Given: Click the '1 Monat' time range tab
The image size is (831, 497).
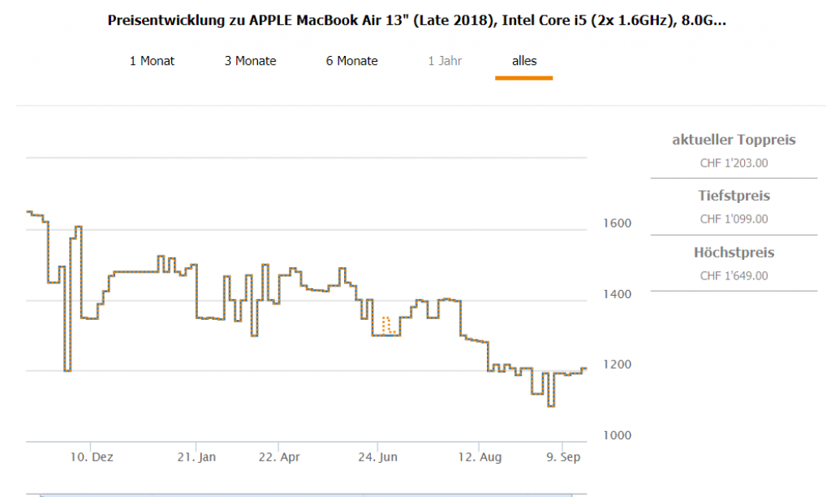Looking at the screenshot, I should coord(152,61).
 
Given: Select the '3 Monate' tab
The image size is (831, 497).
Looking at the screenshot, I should coord(251,61).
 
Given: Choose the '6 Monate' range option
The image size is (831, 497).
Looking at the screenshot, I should coord(352,61).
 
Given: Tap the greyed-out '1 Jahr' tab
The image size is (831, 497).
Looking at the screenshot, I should coord(446,61).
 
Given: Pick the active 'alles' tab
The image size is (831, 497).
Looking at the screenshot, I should coord(524,61).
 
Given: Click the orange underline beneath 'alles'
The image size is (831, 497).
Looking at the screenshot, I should coord(524,78).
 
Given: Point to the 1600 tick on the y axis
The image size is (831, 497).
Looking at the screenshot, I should coord(615,223).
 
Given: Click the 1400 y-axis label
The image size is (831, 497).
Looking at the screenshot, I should coord(615,293).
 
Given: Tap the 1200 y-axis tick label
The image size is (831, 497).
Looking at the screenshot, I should coord(615,365).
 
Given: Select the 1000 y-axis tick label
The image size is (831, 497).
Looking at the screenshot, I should coord(615,435).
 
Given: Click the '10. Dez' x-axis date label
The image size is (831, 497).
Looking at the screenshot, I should coord(92,458).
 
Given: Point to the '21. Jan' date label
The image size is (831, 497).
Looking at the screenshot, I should coord(196,458).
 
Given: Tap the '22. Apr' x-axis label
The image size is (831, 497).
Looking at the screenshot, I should coord(278,458).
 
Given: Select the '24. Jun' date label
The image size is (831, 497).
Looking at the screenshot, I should coord(378,458).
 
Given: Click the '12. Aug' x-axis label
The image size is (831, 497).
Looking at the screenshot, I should coord(480,458).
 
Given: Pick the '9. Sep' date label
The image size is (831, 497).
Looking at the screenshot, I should coord(562,458).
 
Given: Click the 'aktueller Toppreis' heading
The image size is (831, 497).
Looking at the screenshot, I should coord(734,140).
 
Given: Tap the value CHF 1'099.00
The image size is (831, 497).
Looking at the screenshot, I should coord(734,219).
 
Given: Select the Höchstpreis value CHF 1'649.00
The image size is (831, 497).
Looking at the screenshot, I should coord(734,276).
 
